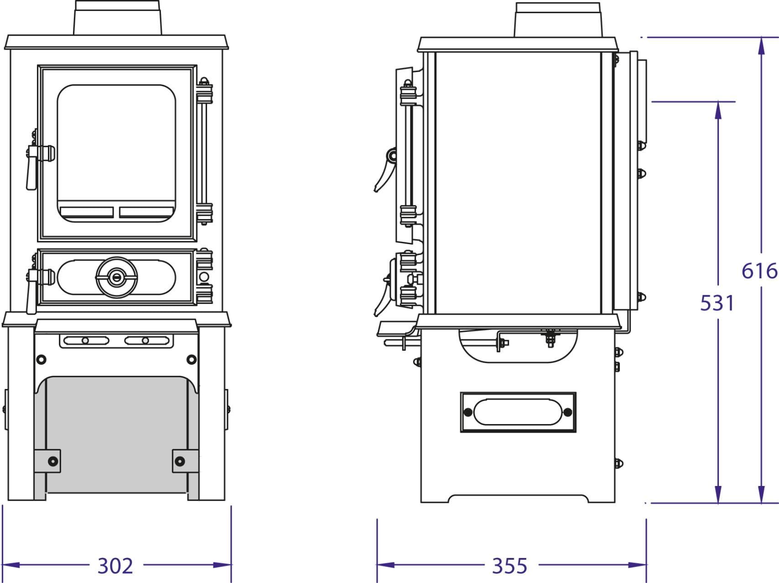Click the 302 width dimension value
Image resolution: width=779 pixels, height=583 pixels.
pos(115,566)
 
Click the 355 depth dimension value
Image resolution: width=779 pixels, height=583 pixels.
pos(509,566)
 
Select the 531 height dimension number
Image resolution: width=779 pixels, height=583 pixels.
pos(717,303)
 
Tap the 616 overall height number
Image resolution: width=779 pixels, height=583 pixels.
pos(759,271)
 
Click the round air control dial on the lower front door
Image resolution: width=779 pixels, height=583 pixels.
pos(117,277)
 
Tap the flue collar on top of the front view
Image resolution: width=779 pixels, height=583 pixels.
pos(118,17)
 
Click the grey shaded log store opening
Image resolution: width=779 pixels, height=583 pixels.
pos(116,435)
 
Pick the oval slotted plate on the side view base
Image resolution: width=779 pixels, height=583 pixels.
pos(518,412)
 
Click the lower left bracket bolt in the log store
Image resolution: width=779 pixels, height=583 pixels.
pos(53,461)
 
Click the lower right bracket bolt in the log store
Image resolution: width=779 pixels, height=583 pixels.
pos(180,461)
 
